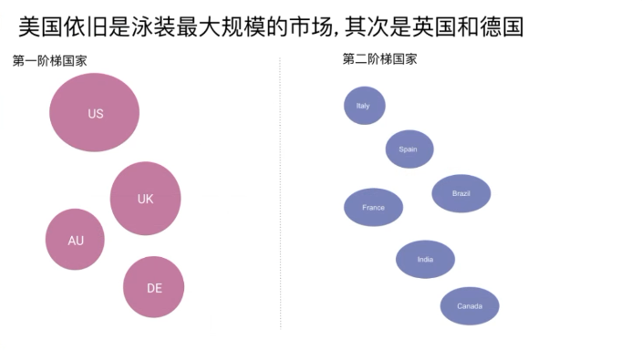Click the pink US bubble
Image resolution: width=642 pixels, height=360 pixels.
point(94,112)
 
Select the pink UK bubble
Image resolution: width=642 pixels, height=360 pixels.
point(145,198)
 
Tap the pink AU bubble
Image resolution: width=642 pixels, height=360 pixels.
point(75,240)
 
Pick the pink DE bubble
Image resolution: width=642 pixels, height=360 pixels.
point(153,287)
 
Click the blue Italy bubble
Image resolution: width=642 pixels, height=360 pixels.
point(364,106)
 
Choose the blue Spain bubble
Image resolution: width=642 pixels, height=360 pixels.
point(409,149)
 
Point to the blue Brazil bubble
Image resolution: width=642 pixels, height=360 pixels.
point(461,193)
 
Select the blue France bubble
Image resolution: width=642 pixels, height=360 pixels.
point(373,207)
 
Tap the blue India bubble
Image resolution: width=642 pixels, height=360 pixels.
point(425,260)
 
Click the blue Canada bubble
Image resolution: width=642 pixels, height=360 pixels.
point(470,305)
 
